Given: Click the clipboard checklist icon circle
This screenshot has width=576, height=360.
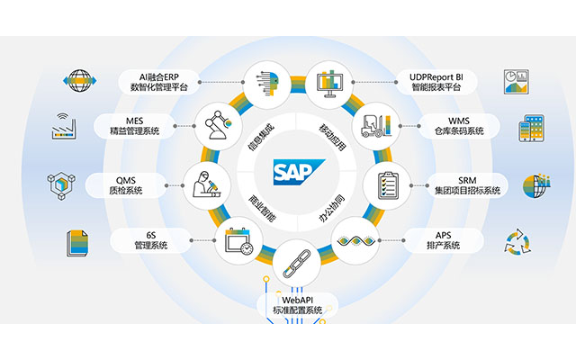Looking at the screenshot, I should [385, 184].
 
